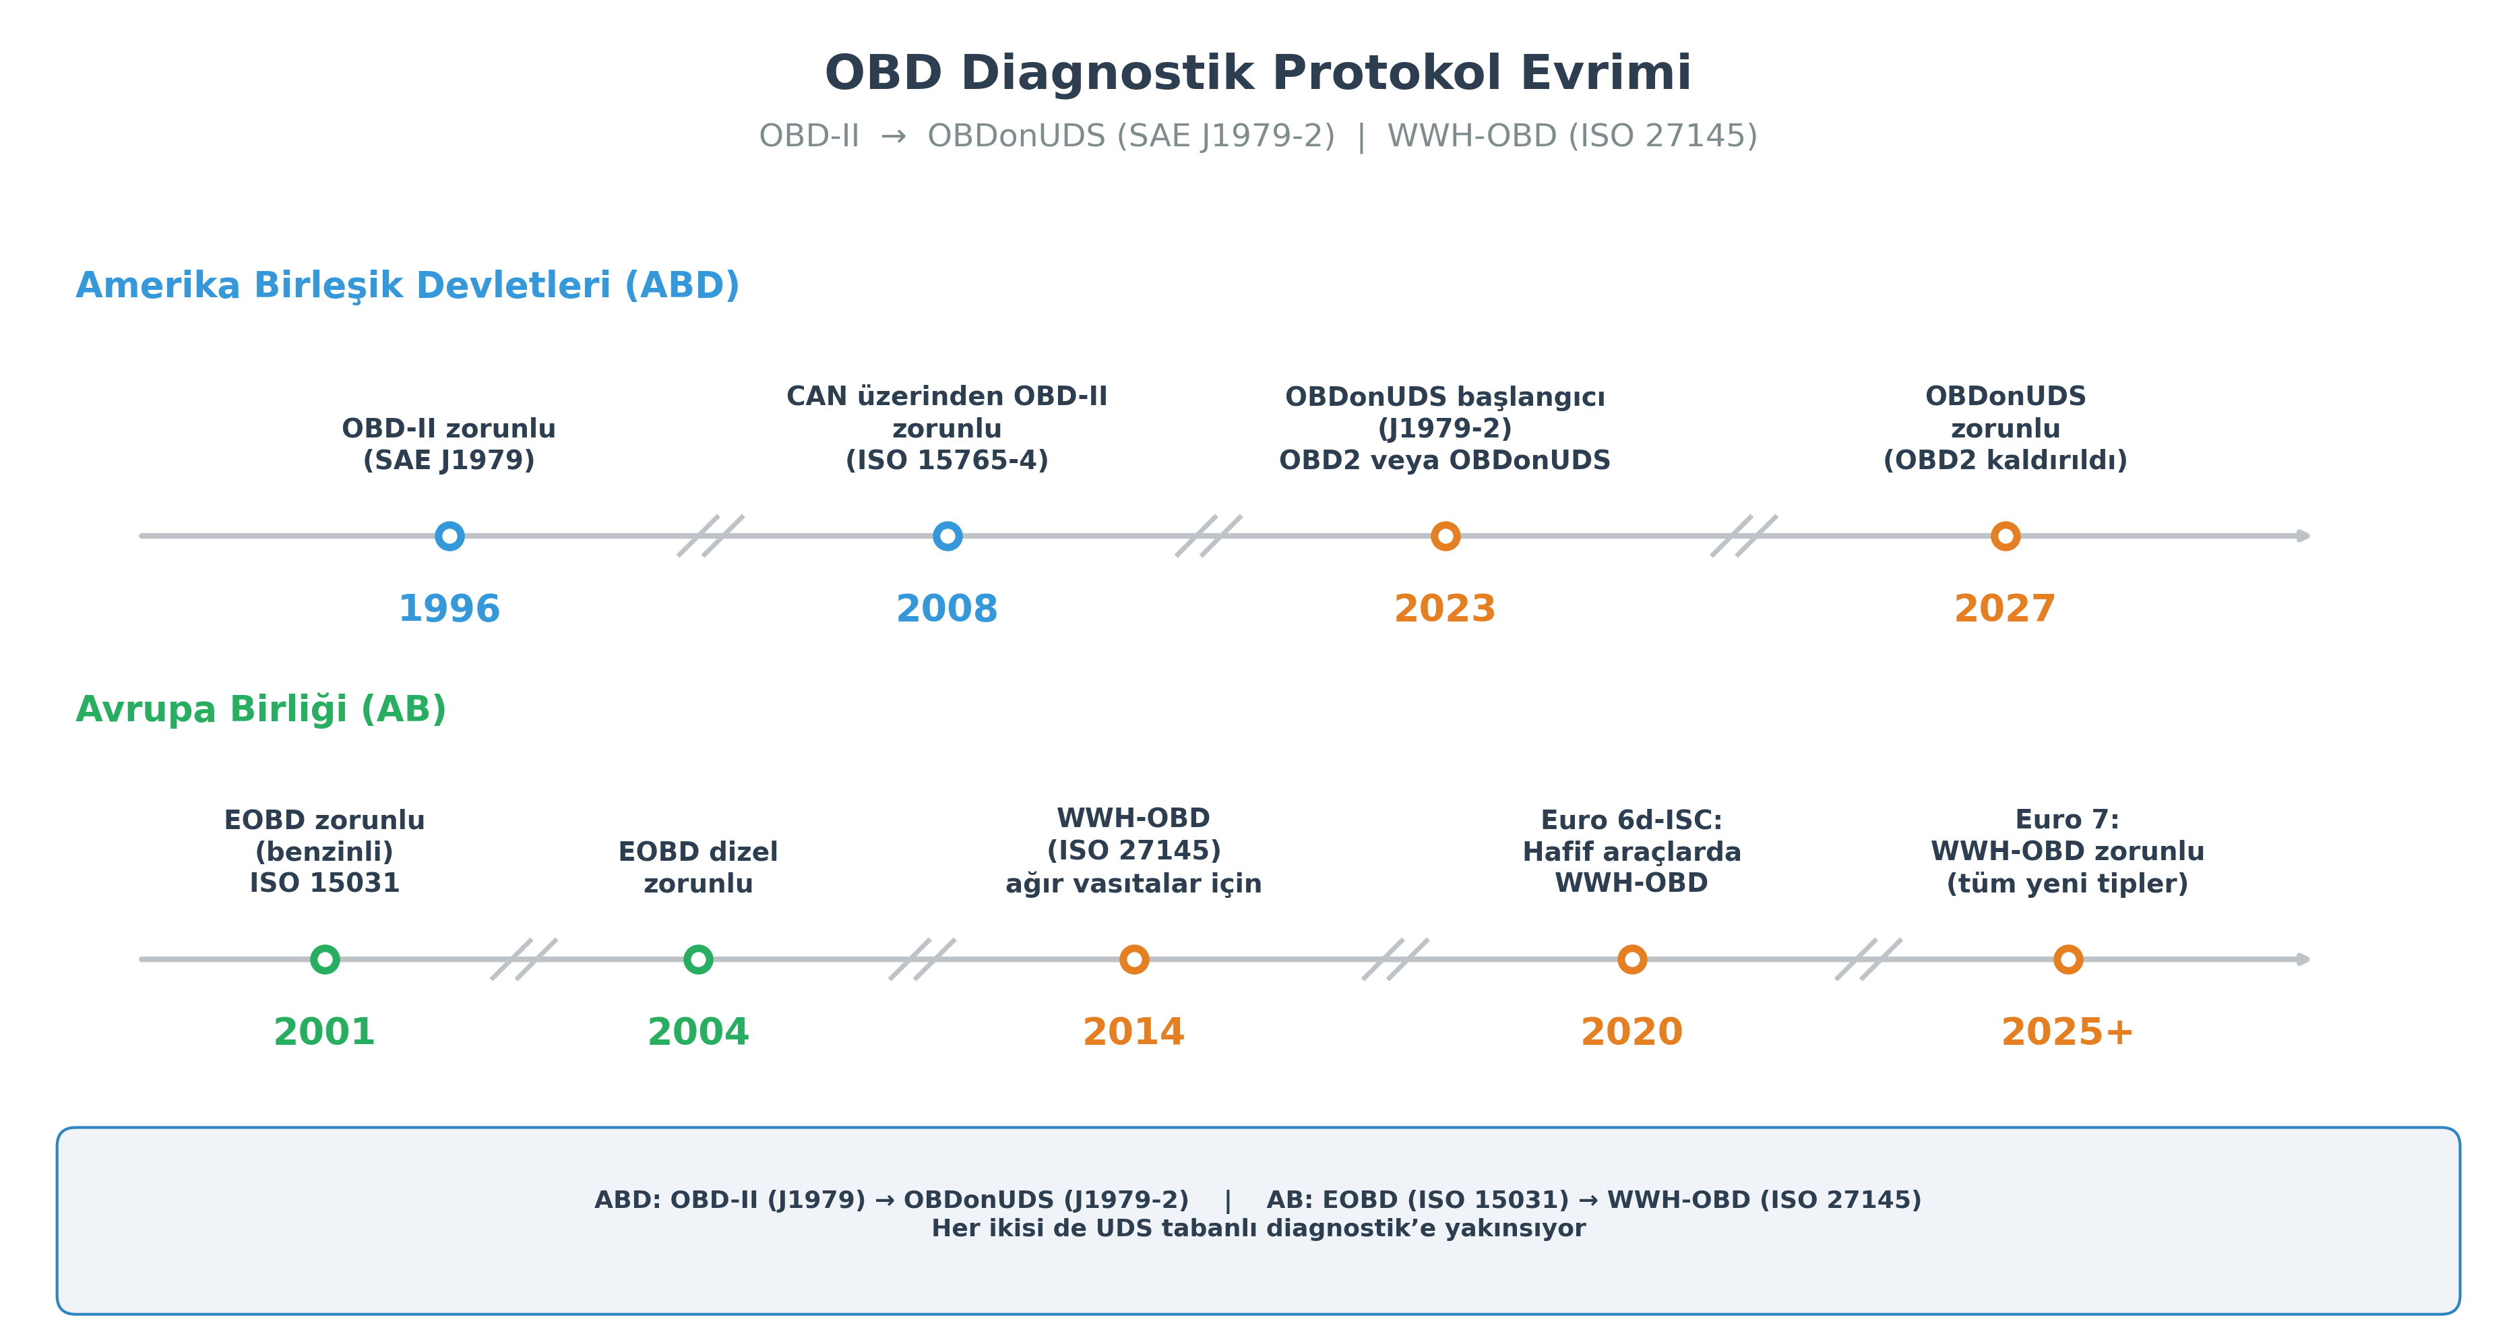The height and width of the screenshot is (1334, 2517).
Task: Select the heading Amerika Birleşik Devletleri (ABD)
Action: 408,285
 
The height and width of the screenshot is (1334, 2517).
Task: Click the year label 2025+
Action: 2067,1032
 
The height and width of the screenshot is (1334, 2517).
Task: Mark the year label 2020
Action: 1631,1032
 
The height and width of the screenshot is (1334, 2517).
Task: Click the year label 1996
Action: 449,609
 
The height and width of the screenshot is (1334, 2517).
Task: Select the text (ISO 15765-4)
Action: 947,460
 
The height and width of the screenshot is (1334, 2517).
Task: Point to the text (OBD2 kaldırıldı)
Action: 2005,460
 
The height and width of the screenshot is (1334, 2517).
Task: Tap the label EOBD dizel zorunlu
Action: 697,867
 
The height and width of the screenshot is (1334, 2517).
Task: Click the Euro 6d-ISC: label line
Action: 1631,820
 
